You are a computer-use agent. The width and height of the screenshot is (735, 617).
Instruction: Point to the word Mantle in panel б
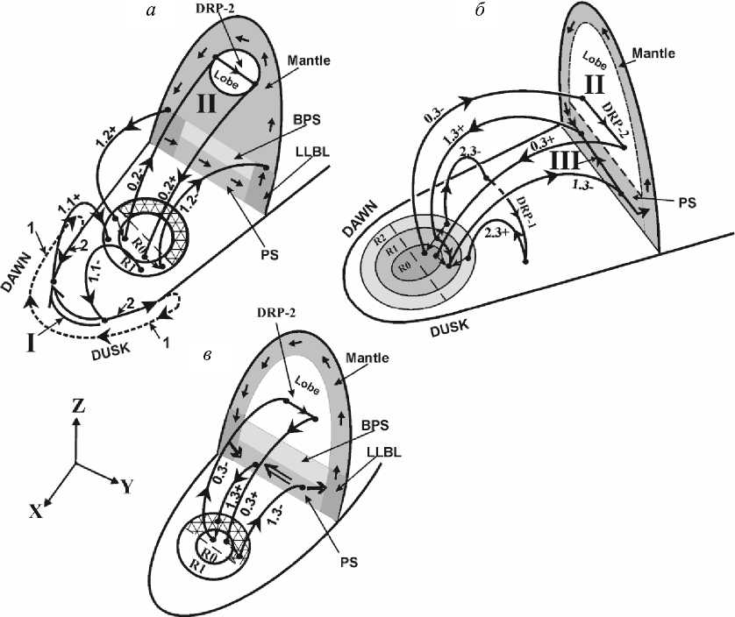click(x=654, y=53)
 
